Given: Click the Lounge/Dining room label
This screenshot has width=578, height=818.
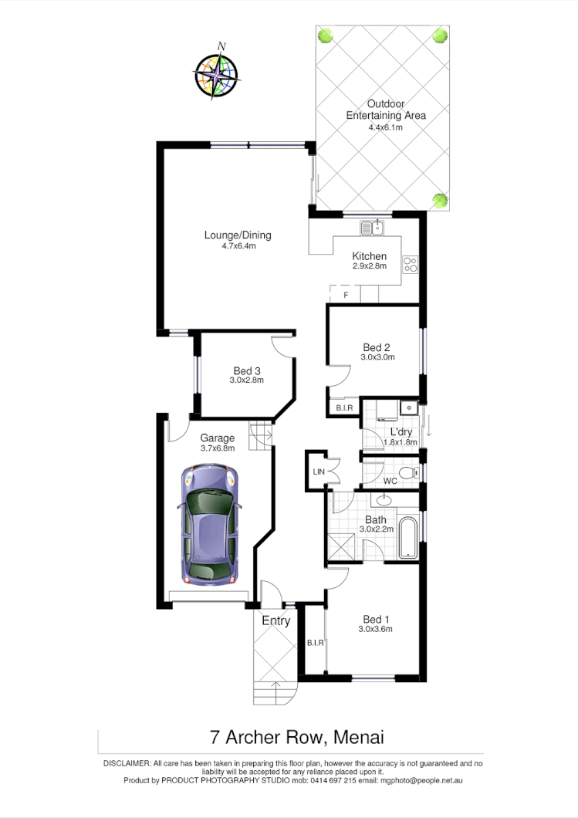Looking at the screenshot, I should pyautogui.click(x=238, y=235).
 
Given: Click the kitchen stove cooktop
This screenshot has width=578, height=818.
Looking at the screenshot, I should pyautogui.click(x=410, y=265).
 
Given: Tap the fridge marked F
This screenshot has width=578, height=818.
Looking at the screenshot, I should pyautogui.click(x=346, y=295).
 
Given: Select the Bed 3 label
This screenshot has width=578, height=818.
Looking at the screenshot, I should pyautogui.click(x=247, y=370).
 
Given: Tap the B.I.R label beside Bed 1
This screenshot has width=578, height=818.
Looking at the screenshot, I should pyautogui.click(x=314, y=642).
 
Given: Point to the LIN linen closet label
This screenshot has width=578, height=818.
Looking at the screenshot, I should pyautogui.click(x=316, y=471).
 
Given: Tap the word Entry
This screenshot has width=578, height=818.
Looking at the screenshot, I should pyautogui.click(x=275, y=621).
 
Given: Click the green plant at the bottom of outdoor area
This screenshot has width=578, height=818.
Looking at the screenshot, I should pyautogui.click(x=440, y=201).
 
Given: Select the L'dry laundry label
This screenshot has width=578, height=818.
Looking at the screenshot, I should pyautogui.click(x=401, y=431).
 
